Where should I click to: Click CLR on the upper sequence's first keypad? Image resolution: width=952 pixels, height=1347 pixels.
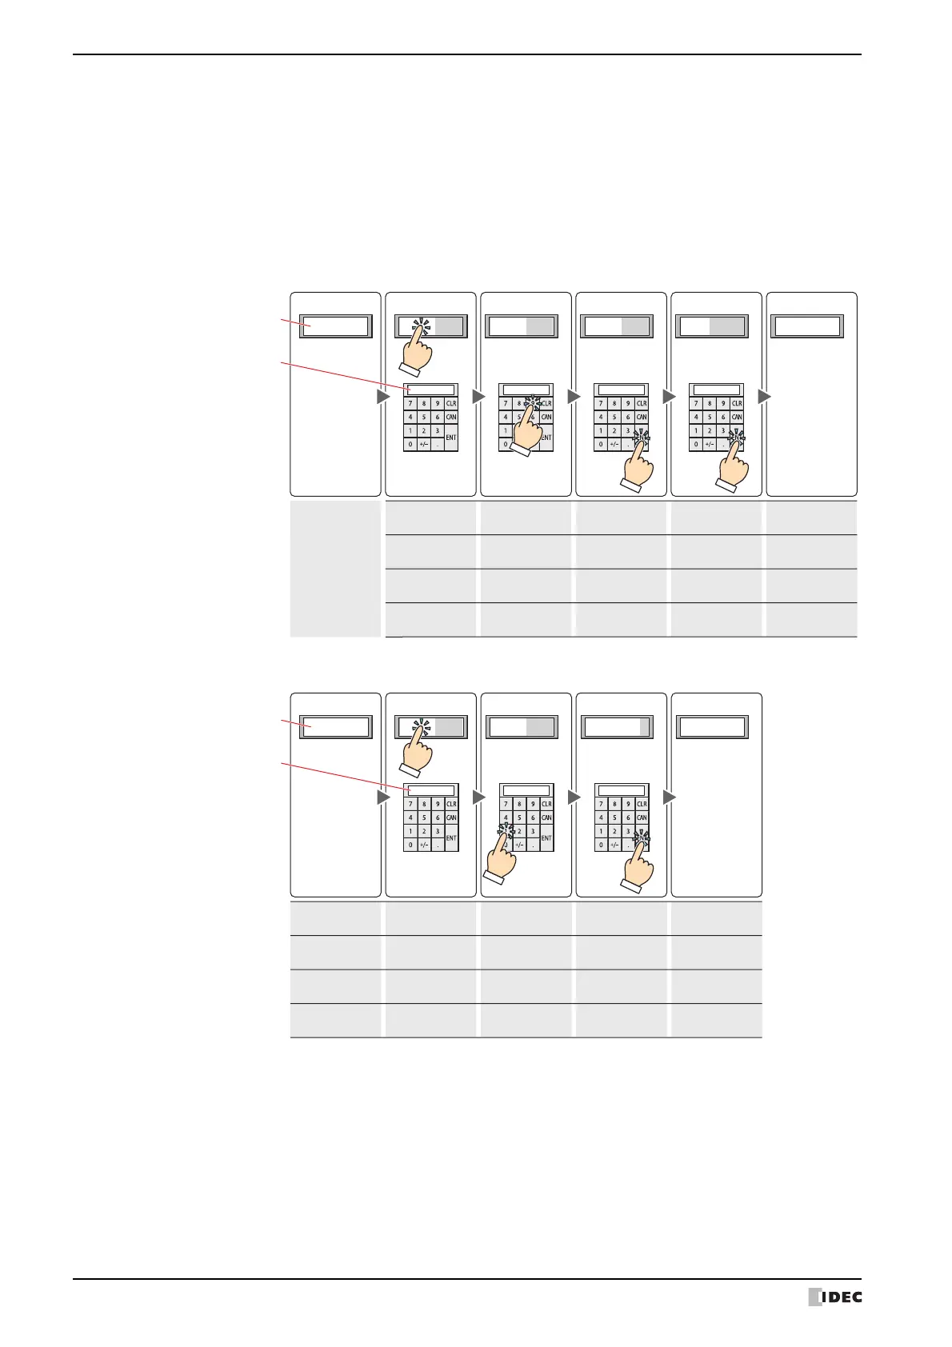[451, 404]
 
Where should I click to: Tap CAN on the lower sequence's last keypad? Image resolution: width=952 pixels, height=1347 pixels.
[642, 817]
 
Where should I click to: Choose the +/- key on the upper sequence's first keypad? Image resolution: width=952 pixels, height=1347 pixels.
[424, 444]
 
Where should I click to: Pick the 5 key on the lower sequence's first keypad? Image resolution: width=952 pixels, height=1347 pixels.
[424, 817]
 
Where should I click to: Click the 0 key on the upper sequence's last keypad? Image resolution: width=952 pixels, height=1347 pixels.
[696, 444]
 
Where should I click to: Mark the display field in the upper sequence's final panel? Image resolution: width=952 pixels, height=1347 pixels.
[807, 326]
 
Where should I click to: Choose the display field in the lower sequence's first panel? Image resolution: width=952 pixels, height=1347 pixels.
[335, 727]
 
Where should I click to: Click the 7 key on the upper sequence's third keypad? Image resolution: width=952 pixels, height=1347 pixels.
[601, 404]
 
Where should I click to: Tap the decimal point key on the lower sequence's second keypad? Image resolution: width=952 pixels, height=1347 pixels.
[533, 845]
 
